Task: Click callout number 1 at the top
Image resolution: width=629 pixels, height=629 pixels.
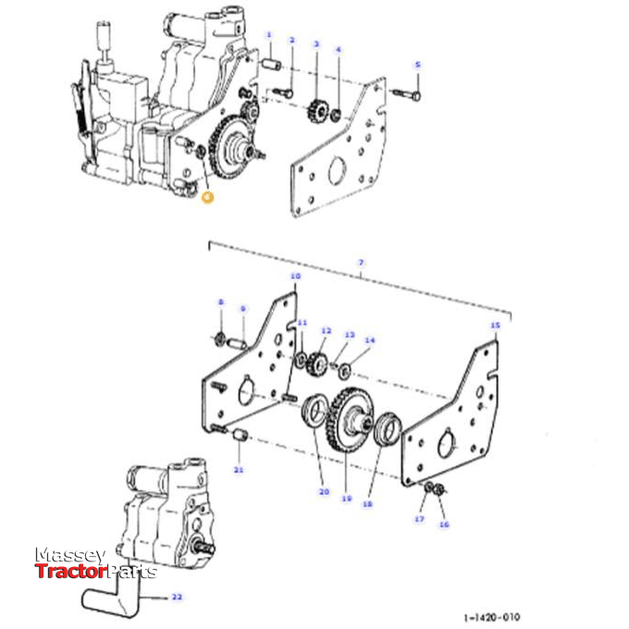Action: tap(269, 35)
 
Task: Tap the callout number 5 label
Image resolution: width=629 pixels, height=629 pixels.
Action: tap(417, 65)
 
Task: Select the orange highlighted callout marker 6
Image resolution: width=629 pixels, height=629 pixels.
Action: tap(206, 196)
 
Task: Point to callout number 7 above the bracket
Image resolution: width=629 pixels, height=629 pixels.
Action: tap(362, 264)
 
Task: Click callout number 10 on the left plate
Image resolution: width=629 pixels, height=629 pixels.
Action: tap(295, 277)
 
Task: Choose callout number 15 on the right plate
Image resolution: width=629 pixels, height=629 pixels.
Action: tap(494, 326)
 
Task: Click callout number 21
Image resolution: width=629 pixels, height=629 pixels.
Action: tap(238, 471)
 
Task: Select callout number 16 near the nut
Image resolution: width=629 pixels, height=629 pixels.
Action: tap(444, 524)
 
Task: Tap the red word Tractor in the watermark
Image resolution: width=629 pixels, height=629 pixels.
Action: tap(71, 572)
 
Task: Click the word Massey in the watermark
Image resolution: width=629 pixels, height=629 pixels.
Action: tap(70, 555)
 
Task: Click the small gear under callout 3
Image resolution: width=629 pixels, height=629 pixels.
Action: tap(316, 112)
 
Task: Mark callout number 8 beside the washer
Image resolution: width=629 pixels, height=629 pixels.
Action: tap(220, 302)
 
